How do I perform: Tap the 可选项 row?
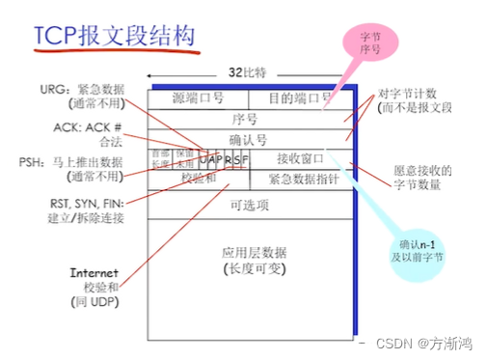[248, 206]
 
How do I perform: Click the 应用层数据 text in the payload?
[249, 251]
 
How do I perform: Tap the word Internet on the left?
[93, 273]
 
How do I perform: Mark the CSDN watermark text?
[423, 343]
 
